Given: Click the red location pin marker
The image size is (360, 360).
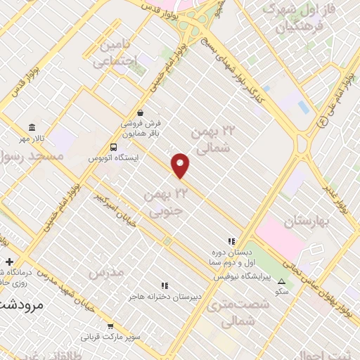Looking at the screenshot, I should click(x=181, y=165).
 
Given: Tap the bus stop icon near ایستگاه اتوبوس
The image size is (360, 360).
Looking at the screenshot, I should click(x=113, y=148).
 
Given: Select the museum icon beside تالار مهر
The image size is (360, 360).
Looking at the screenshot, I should click(x=32, y=127).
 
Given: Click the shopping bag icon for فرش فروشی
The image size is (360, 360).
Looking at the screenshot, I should click(x=141, y=112).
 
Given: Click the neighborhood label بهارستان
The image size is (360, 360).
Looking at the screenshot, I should click(x=307, y=222).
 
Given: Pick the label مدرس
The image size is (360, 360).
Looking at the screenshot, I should click(x=107, y=271).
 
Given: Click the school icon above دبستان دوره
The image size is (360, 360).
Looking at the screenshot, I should click(x=231, y=240).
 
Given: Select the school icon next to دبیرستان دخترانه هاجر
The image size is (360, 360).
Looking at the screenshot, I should click(x=165, y=285).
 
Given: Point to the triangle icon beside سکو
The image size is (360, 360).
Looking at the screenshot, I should click(x=282, y=281).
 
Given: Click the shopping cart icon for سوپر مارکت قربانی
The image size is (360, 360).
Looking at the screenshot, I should click(x=110, y=326).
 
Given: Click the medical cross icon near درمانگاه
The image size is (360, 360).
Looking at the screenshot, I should click(x=8, y=262).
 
